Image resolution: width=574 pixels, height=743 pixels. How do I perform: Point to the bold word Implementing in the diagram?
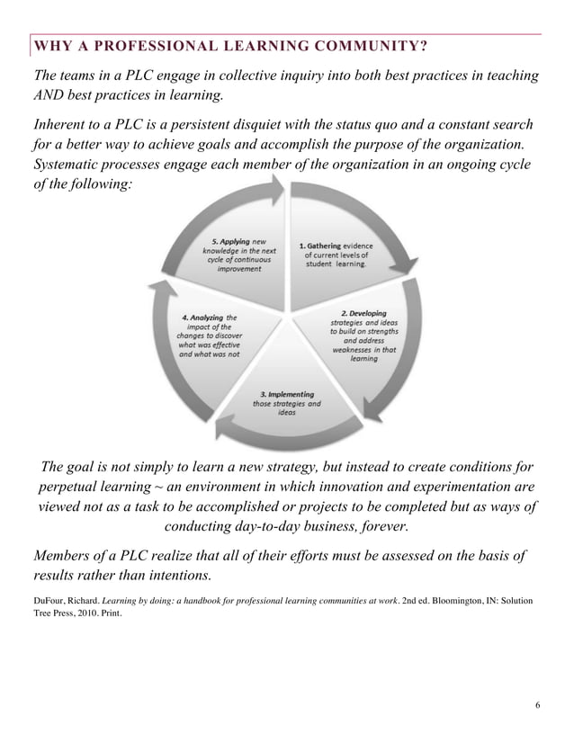(287, 394)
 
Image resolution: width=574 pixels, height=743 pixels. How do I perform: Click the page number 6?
(537, 703)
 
